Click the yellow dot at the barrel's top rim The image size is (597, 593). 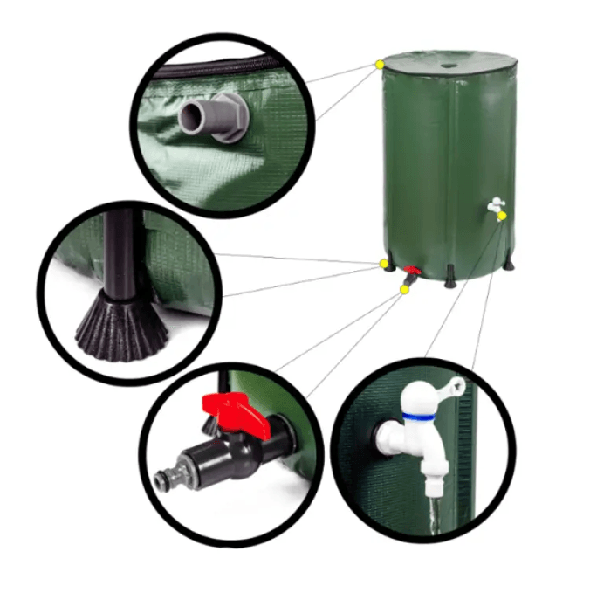(380, 64)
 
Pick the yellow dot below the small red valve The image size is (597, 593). (403, 288)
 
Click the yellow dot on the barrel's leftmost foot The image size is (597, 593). (383, 263)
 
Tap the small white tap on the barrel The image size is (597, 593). (494, 205)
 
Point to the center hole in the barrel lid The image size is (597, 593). (449, 63)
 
